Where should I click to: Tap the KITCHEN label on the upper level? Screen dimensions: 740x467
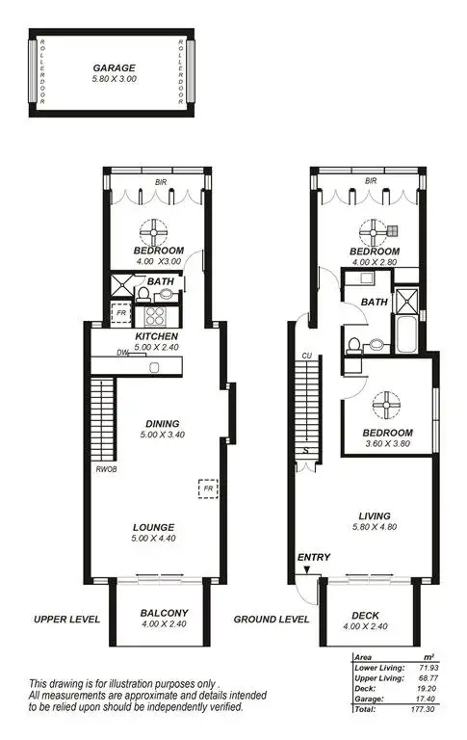pyautogui.click(x=155, y=336)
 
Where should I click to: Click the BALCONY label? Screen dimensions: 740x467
pyautogui.click(x=164, y=613)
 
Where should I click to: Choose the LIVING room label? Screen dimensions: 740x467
pyautogui.click(x=371, y=515)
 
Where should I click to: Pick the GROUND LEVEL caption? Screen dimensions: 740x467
pyautogui.click(x=272, y=619)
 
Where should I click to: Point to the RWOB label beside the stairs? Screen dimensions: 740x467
pyautogui.click(x=105, y=469)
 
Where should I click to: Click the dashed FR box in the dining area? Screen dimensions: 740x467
pyautogui.click(x=207, y=489)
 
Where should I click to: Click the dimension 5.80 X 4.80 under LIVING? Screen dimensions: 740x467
pyautogui.click(x=371, y=527)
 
